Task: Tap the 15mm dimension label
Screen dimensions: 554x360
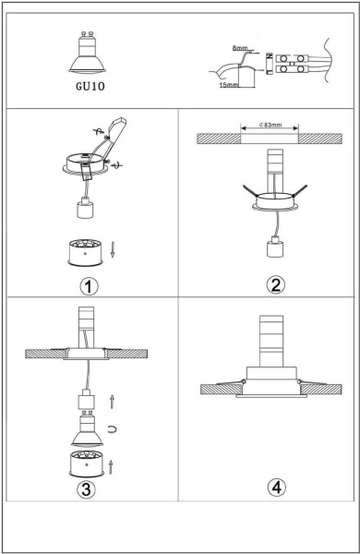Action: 228,85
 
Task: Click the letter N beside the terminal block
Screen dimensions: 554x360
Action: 268,56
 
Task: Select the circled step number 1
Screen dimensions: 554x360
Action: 89,284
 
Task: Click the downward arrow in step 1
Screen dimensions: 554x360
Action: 113,249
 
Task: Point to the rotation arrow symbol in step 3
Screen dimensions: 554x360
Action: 112,429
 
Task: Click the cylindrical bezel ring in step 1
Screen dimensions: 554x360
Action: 87,252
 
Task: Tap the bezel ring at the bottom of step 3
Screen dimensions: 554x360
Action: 86,463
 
